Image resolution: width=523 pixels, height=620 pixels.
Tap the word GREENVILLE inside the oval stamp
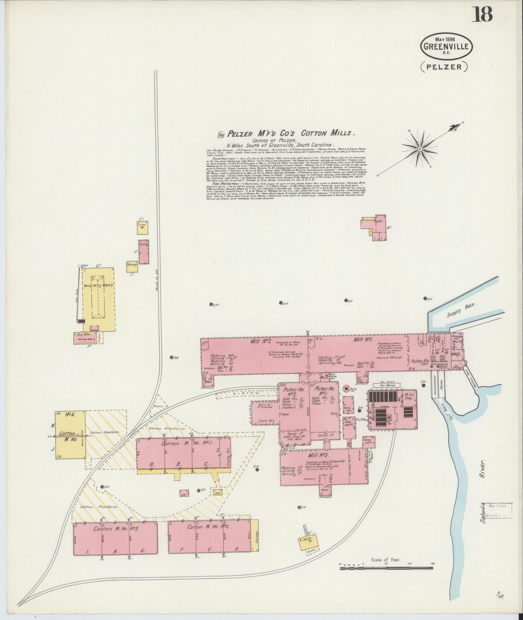(446, 46)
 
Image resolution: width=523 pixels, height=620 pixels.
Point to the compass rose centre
(420, 149)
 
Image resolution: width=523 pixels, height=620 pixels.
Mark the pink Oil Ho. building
(144, 252)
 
